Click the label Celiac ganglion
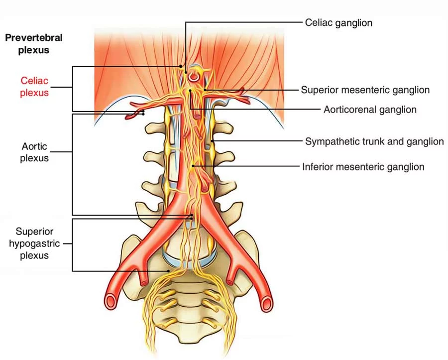point(338,22)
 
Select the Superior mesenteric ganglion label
point(365,90)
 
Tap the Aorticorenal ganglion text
point(370,110)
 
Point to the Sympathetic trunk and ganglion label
point(374,141)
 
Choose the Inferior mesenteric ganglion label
point(363,166)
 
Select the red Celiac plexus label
point(34,86)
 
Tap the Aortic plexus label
point(35,152)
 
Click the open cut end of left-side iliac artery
point(111,301)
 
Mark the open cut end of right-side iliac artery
point(267,302)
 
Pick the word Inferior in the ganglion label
point(318,166)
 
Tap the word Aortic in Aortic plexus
point(35,147)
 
